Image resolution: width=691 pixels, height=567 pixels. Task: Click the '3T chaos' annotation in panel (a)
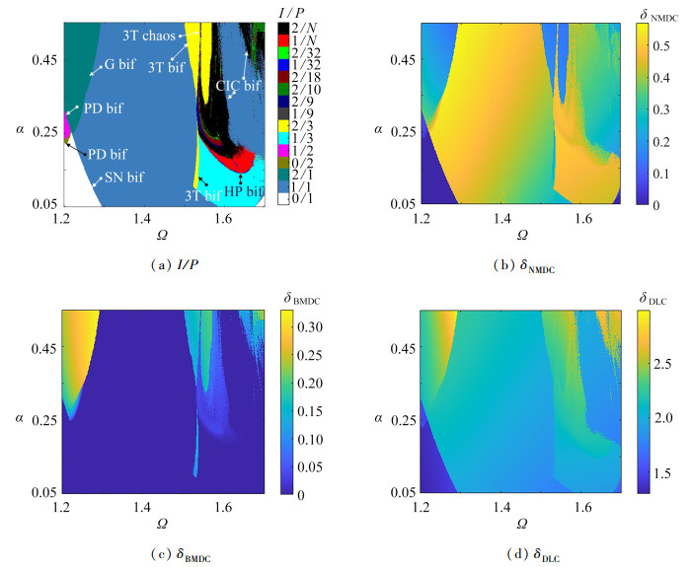[149, 35]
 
